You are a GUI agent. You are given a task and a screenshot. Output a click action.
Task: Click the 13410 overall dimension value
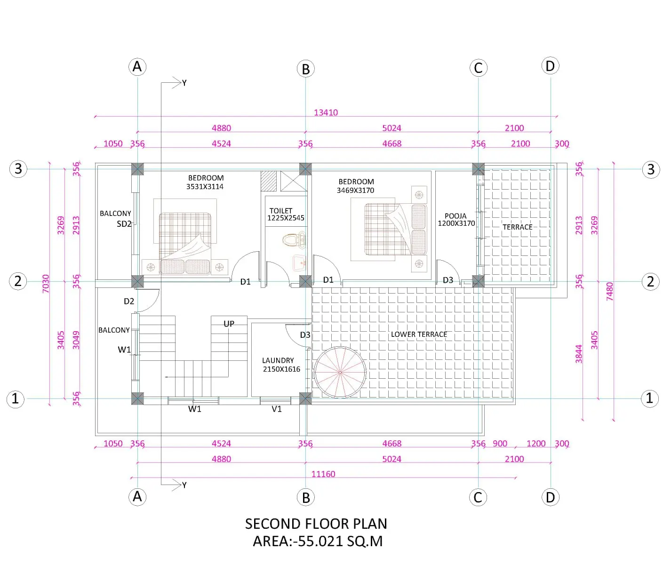coord(326,112)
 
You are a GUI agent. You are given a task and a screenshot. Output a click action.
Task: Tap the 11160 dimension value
coord(323,474)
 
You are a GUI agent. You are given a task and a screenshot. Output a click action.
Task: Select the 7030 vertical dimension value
coord(46,284)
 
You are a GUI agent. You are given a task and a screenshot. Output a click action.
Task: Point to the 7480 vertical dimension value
coord(610,292)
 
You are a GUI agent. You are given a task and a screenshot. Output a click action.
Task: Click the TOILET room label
coord(280,211)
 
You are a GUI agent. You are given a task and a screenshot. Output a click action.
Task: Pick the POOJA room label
coord(455,216)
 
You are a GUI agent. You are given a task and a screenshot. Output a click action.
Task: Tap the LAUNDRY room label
coord(278,360)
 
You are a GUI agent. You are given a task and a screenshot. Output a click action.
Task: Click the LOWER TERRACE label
coord(419,334)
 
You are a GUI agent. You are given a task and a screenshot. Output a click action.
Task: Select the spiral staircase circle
coord(340,347)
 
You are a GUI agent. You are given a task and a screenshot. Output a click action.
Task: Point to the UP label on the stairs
coord(229,324)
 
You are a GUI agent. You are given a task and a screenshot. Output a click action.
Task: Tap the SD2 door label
coord(124,224)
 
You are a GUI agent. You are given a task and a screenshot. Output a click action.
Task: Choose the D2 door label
coord(129,301)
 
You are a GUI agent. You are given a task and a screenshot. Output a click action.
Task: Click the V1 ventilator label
coord(276,409)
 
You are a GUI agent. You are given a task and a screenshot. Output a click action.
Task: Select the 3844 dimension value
coord(579,354)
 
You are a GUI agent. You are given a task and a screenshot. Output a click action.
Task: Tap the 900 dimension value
coord(500,444)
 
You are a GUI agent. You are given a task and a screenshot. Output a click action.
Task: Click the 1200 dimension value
coord(536,444)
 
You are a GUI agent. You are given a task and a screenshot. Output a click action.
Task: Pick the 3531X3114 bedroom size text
coord(205,187)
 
